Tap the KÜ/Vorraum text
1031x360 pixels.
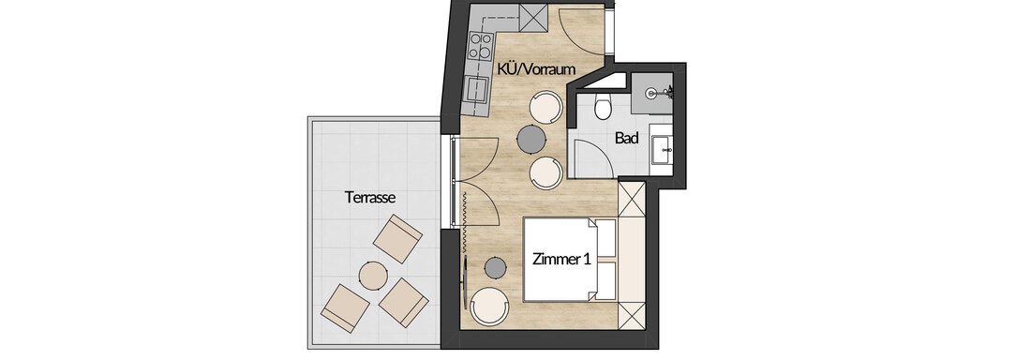point(536,68)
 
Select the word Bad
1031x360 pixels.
point(627,138)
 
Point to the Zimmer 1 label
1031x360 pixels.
point(560,260)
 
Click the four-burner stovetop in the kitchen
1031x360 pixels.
point(480,46)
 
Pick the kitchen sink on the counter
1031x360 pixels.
point(475,87)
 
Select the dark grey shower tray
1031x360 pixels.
point(651,94)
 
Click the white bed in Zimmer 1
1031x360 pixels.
point(570,260)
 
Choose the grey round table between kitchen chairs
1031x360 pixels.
point(531,138)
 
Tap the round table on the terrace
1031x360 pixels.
point(373,275)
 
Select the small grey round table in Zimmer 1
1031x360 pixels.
point(495,267)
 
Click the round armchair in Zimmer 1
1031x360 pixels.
point(489,306)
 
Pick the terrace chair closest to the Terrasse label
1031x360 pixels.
point(397,238)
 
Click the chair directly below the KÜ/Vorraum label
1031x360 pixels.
point(545,107)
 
